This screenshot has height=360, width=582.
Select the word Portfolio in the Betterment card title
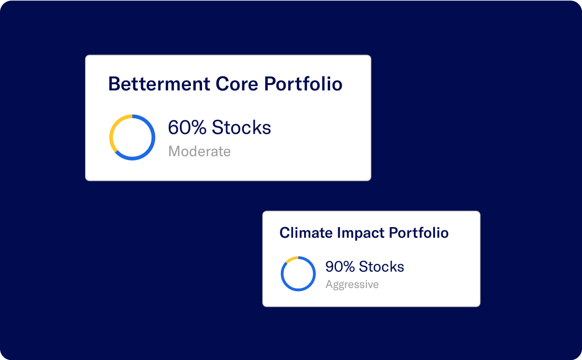pos(303,84)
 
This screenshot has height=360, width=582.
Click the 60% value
pos(187,128)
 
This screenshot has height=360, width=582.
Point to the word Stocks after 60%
pos(241,128)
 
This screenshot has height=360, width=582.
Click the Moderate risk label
pos(199,152)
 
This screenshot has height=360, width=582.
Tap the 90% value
pos(339,267)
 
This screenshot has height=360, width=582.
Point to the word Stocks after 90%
pos(381,267)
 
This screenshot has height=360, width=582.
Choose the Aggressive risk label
pos(352,285)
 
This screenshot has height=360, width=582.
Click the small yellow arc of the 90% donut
pos(291,259)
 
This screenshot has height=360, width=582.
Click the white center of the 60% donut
pos(132,137)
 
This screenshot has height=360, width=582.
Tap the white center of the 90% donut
pos(298,274)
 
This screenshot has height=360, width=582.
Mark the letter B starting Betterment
pos(114,84)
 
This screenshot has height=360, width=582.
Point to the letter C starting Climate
pos(284,233)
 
